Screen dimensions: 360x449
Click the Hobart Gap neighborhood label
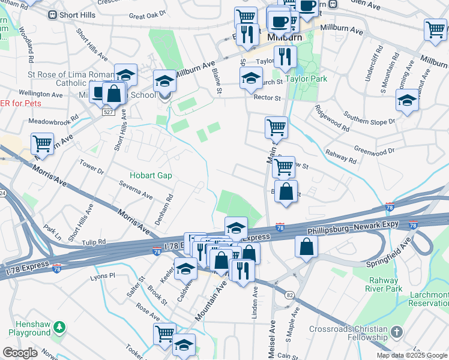151,176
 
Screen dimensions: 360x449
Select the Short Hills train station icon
52,15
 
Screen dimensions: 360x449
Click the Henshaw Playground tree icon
59,327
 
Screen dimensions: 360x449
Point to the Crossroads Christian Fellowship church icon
396,332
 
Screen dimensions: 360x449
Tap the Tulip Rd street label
94,242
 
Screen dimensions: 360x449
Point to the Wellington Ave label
41,94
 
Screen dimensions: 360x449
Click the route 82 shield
290,295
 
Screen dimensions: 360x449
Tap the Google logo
20,353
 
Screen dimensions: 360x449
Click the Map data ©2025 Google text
412,355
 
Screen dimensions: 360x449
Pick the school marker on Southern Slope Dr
408,101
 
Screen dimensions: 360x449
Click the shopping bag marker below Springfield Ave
307,246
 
